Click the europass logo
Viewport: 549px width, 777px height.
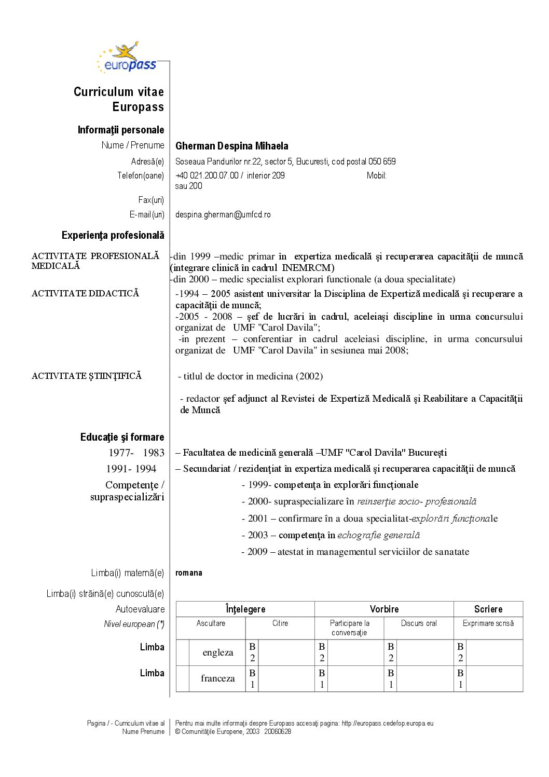[x=127, y=58]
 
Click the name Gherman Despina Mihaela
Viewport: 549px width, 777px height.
[x=231, y=146]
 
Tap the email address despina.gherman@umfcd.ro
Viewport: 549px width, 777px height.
[x=223, y=214]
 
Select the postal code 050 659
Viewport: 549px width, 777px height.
[x=382, y=161]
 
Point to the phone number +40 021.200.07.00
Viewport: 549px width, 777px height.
[x=207, y=175]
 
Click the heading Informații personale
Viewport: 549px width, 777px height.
[x=120, y=130]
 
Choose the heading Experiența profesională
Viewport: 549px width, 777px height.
[x=113, y=235]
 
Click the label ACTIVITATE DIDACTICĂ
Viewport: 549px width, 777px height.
[x=85, y=293]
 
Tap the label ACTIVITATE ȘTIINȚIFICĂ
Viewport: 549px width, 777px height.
[x=86, y=376]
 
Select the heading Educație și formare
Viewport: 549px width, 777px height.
[x=122, y=437]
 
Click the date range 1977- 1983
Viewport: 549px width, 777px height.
[x=136, y=453]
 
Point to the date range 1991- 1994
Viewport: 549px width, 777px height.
[x=131, y=469]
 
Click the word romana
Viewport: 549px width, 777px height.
[x=189, y=573]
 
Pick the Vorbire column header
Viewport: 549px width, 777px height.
[x=384, y=609]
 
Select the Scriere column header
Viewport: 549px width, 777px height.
[x=488, y=609]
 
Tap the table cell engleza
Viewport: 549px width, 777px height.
[x=218, y=652]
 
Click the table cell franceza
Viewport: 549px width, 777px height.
[x=217, y=678]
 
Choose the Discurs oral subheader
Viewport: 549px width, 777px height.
[x=419, y=623]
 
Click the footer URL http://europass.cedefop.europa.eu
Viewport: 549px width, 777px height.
[x=387, y=723]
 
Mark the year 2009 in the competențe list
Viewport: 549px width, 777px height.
[x=257, y=552]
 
